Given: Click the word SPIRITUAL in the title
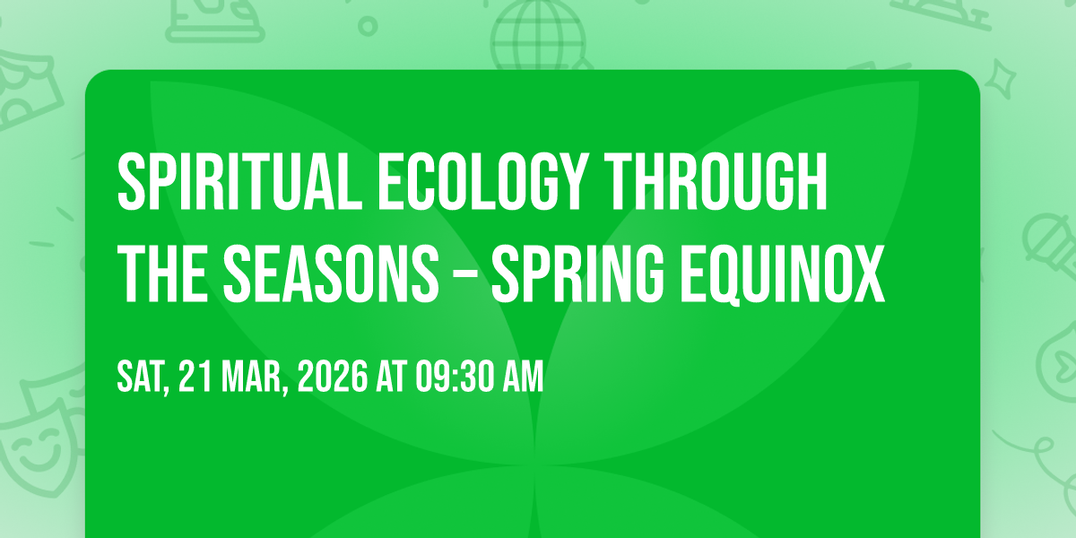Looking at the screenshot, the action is coord(239,182).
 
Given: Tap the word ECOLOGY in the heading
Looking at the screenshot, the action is coord(483,182).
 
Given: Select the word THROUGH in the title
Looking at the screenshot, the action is coord(716,182).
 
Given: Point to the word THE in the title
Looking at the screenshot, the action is coord(162,273).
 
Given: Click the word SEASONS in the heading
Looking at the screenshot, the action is coord(331,273).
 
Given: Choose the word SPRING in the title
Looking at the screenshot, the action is coord(578,273).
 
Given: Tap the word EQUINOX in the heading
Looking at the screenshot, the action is coord(782,273).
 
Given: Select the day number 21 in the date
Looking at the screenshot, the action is coord(195,377).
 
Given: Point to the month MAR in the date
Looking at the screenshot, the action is coord(254,377).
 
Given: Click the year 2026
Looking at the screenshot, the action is coord(333,377).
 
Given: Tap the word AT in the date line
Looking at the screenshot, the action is coord(392,377).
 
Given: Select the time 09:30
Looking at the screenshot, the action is coord(455,377).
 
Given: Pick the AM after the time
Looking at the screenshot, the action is coord(523,377).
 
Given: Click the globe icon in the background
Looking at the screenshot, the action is coord(538,34).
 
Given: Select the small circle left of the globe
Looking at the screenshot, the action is coord(368,26).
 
